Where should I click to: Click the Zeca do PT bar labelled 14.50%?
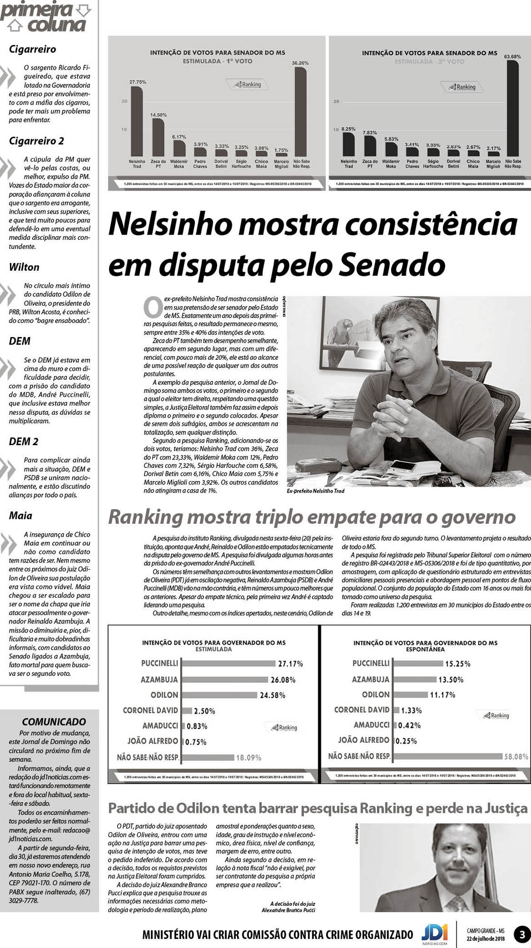coord(158,137)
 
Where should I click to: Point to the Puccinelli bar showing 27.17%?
coord(229,664)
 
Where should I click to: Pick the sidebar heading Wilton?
coord(24,267)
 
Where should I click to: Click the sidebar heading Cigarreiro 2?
coord(37,141)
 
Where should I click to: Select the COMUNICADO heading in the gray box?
coord(54,722)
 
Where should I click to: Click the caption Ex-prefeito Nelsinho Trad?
coord(315,491)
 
